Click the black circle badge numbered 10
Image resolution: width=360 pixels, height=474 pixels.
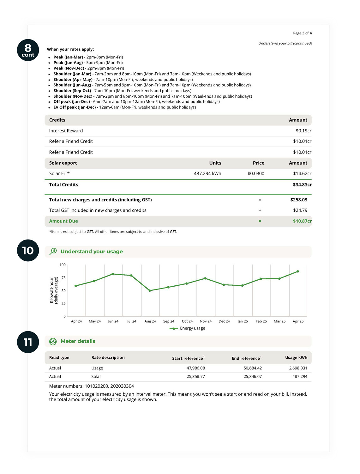[28, 250]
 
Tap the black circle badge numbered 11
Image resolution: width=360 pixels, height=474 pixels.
[28, 342]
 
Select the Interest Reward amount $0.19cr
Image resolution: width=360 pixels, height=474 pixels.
[303, 131]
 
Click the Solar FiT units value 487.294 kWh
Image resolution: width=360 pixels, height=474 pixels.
[207, 173]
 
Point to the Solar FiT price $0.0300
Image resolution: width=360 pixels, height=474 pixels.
[256, 173]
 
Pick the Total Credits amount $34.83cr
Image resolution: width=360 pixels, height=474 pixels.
[302, 185]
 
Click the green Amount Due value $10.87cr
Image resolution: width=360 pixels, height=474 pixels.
[302, 221]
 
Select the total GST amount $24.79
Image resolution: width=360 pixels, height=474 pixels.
[300, 210]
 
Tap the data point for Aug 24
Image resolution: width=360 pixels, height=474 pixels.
[150, 290]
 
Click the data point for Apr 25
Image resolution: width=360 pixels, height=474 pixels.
[298, 271]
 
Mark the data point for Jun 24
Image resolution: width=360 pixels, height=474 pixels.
[113, 274]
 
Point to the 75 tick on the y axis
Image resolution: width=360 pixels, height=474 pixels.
[63, 278]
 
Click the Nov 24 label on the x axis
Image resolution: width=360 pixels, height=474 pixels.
[206, 321]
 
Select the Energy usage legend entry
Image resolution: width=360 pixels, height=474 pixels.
[188, 328]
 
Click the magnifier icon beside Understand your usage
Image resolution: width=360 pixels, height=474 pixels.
[53, 252]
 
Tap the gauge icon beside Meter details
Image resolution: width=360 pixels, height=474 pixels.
[53, 341]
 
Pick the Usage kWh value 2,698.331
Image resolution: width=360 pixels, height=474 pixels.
[298, 368]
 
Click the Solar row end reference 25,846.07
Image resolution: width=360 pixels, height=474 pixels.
[252, 377]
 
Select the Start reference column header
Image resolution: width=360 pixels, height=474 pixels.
[188, 358]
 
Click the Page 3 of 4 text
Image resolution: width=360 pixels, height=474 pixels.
[302, 33]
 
